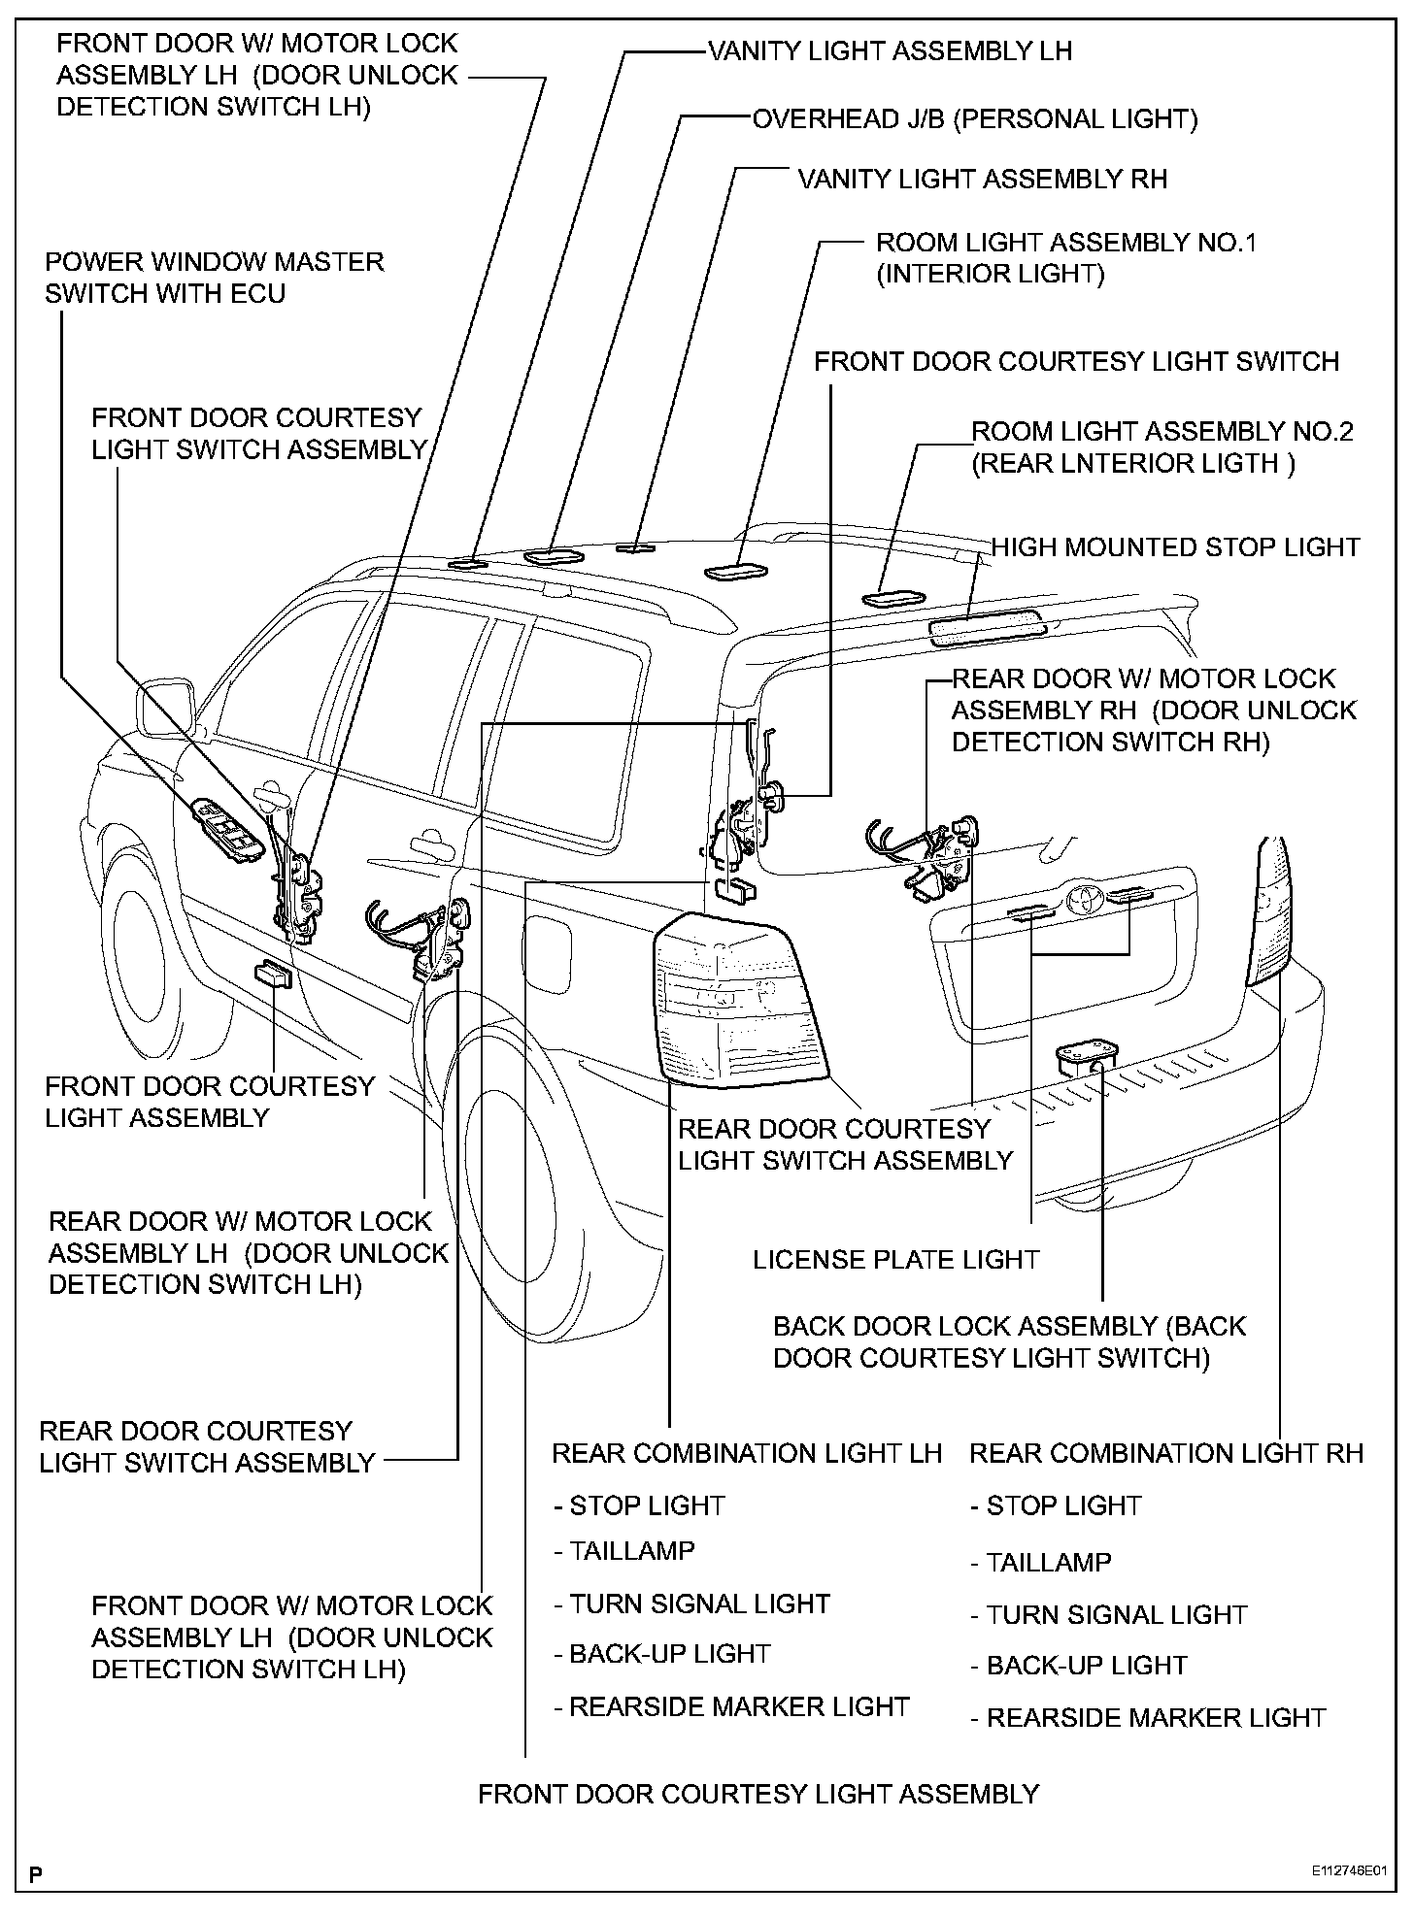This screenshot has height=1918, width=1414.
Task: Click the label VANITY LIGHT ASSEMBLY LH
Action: (x=890, y=50)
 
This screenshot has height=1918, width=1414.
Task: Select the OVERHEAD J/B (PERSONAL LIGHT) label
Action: (x=975, y=119)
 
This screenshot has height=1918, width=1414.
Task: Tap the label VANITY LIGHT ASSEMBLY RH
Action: (x=982, y=180)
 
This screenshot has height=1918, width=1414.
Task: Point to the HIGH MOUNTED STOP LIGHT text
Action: (x=1175, y=547)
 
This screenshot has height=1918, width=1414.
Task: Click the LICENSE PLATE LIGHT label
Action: (x=896, y=1260)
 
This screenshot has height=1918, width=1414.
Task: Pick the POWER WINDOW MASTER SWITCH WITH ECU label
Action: (x=214, y=278)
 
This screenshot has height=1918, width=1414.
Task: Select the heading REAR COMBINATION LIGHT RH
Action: (x=1166, y=1453)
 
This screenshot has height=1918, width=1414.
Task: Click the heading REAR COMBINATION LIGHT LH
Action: (x=747, y=1453)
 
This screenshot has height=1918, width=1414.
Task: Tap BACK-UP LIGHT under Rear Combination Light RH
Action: (x=1086, y=1666)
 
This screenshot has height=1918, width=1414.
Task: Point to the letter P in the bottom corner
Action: (x=36, y=1874)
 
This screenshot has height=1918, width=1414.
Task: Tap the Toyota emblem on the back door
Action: (x=1081, y=900)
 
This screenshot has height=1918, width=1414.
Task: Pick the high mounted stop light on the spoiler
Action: (x=987, y=629)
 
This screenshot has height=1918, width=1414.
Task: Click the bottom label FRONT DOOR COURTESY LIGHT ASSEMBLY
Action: (x=758, y=1794)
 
